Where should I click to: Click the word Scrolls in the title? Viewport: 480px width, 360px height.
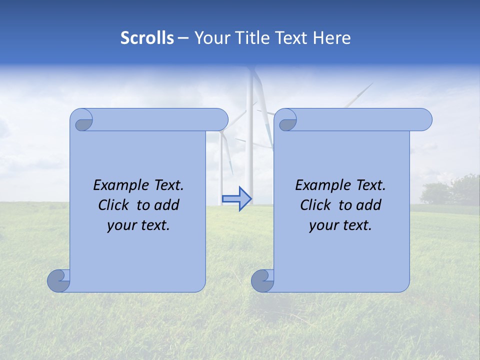(x=147, y=38)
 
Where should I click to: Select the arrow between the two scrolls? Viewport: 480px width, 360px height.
(x=237, y=198)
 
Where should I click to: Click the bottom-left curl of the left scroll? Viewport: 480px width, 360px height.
(x=58, y=280)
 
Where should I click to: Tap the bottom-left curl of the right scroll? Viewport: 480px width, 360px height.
(x=262, y=280)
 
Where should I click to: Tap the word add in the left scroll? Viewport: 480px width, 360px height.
(x=167, y=205)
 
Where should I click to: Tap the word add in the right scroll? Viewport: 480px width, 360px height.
(x=369, y=205)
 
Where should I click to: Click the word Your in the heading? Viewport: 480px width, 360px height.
(x=210, y=38)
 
